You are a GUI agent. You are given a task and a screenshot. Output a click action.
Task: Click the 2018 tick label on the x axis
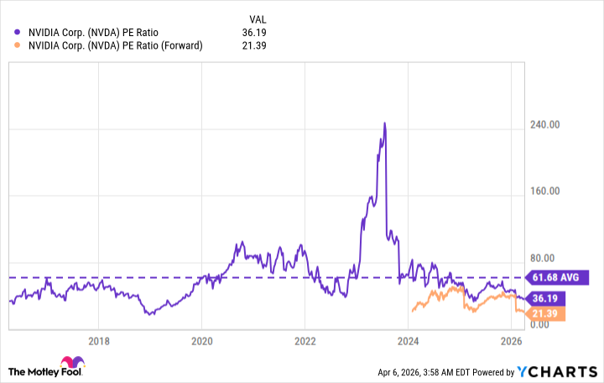click(98, 340)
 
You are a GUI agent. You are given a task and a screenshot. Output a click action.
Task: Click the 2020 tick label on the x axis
click(201, 340)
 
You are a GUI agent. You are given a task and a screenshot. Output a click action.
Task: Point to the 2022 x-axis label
click(305, 340)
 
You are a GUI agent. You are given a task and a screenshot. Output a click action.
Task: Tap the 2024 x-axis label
click(409, 340)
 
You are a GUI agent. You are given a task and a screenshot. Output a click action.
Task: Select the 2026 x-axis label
click(512, 340)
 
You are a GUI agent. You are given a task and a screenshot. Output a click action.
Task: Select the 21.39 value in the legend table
click(254, 45)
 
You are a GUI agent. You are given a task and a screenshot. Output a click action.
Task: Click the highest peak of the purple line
click(384, 123)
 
